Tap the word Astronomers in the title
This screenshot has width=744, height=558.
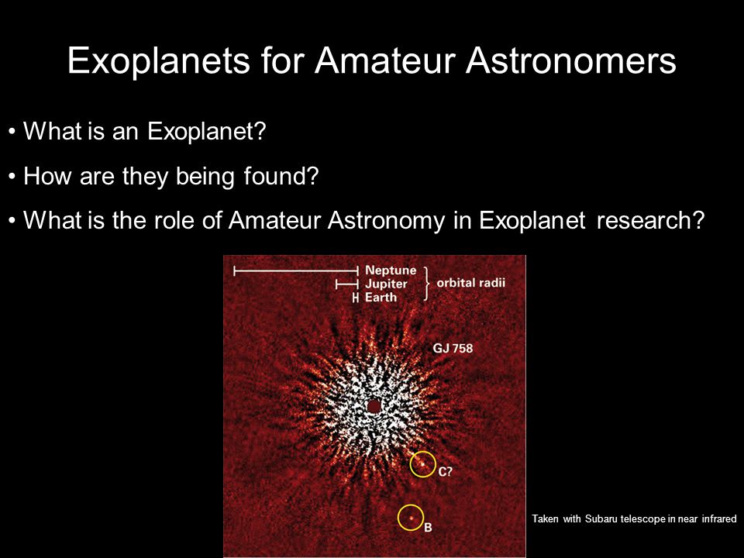pos(571,60)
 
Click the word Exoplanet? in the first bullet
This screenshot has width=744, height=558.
pos(206,131)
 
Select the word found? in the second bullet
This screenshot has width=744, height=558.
pos(281,176)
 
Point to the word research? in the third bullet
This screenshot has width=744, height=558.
pos(650,220)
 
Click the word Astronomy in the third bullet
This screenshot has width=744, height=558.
pos(387,221)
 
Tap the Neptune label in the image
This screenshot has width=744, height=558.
pos(391,270)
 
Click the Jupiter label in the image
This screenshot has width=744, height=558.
pos(386,284)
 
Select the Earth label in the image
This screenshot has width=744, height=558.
pos(381,298)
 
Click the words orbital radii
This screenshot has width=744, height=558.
pos(470,283)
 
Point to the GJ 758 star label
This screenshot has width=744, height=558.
pos(453,348)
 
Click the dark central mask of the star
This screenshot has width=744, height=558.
pos(374,406)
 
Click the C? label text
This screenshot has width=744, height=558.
pos(445,472)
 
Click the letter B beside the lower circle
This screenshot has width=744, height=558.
pos(428,528)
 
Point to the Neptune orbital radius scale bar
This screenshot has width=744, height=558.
pos(295,271)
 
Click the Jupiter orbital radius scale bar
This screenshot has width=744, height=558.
pos(347,284)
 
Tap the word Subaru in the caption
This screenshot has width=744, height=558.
pos(601,518)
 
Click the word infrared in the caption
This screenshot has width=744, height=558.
pos(719,518)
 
